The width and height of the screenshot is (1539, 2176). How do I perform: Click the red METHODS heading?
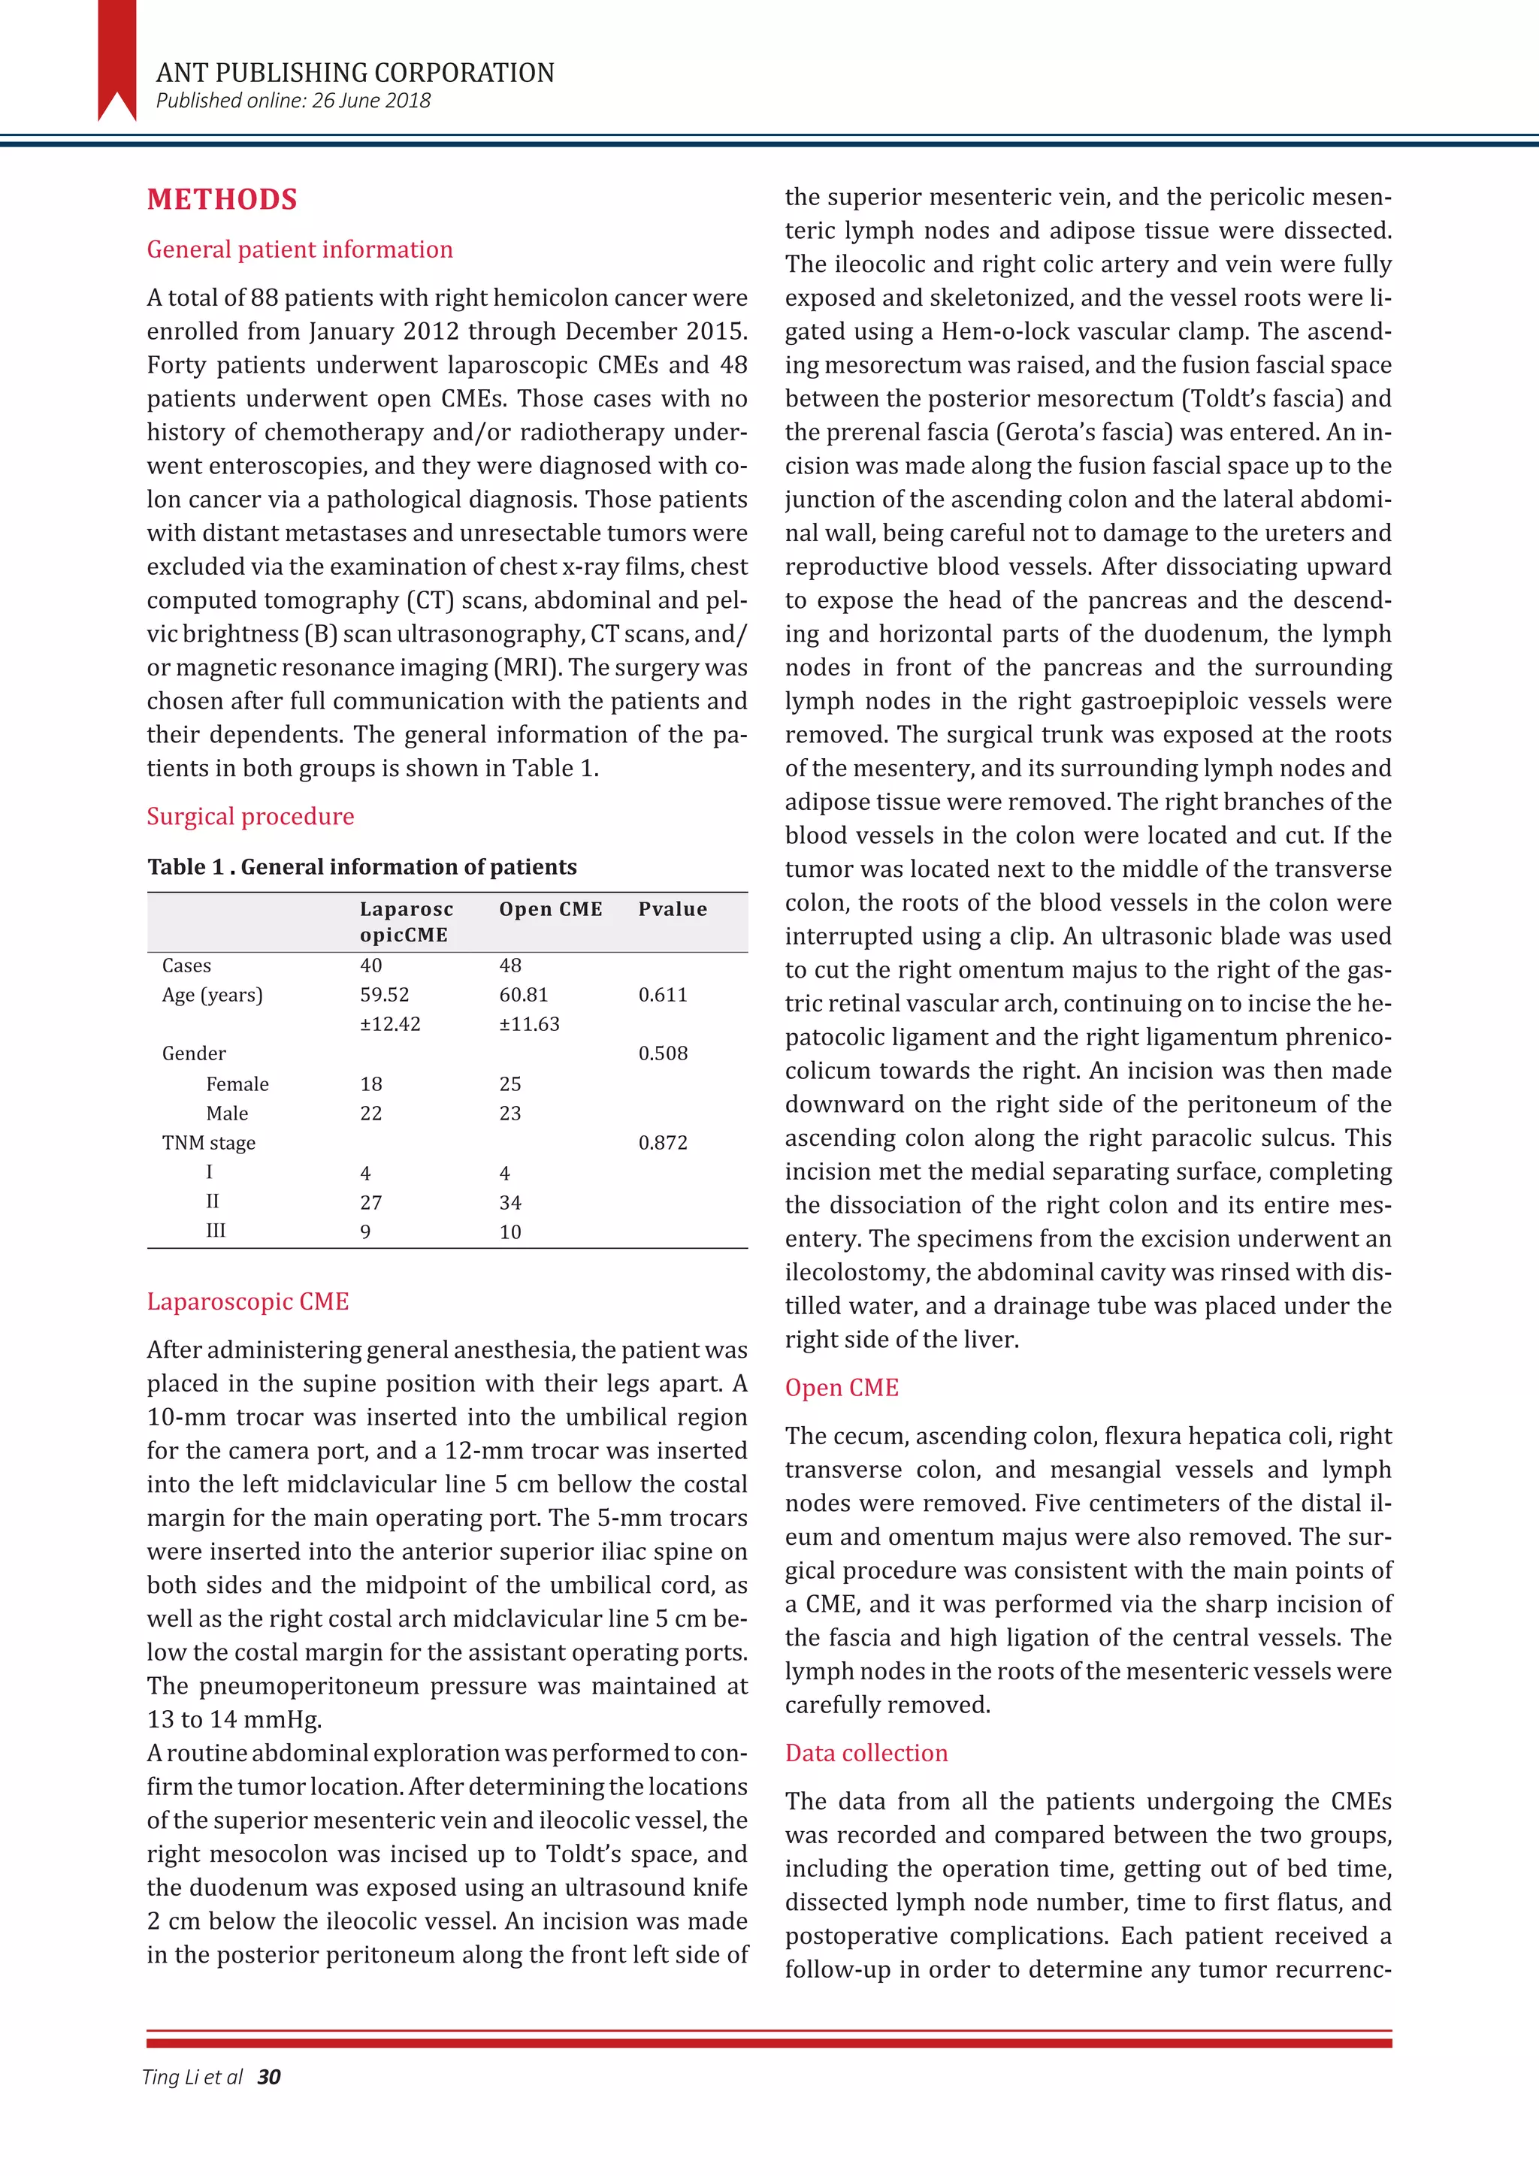pyautogui.click(x=222, y=199)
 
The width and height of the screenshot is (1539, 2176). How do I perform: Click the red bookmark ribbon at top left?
pyautogui.click(x=116, y=57)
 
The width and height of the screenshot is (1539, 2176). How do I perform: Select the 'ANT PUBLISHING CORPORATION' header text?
pyautogui.click(x=355, y=73)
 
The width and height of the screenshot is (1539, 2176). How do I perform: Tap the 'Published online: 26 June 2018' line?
pyautogui.click(x=293, y=101)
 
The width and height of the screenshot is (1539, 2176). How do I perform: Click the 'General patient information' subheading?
pyautogui.click(x=300, y=249)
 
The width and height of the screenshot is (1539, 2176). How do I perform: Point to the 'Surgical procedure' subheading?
pyautogui.click(x=250, y=816)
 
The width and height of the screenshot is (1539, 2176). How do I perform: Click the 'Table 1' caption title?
pyautogui.click(x=362, y=867)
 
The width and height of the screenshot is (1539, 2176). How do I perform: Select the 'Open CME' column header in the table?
pyautogui.click(x=551, y=909)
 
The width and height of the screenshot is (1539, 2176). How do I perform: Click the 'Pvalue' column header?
pyautogui.click(x=672, y=909)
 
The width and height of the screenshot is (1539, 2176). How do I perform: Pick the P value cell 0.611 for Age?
pyautogui.click(x=662, y=995)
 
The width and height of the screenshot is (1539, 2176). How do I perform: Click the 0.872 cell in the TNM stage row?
pyautogui.click(x=662, y=1143)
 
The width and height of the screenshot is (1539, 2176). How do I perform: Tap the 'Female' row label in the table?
pyautogui.click(x=237, y=1084)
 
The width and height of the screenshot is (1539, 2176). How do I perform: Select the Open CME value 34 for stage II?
pyautogui.click(x=509, y=1203)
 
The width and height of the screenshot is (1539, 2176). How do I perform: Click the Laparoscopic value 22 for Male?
pyautogui.click(x=370, y=1114)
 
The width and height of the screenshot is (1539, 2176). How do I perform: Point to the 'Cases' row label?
pyautogui.click(x=186, y=966)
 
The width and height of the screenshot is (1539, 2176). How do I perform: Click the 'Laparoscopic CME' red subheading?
pyautogui.click(x=247, y=1301)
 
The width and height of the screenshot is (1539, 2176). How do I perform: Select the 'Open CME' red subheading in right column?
pyautogui.click(x=841, y=1388)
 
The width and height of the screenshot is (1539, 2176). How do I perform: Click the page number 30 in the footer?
pyautogui.click(x=269, y=2078)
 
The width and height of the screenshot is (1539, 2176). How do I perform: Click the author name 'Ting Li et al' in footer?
pyautogui.click(x=192, y=2078)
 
